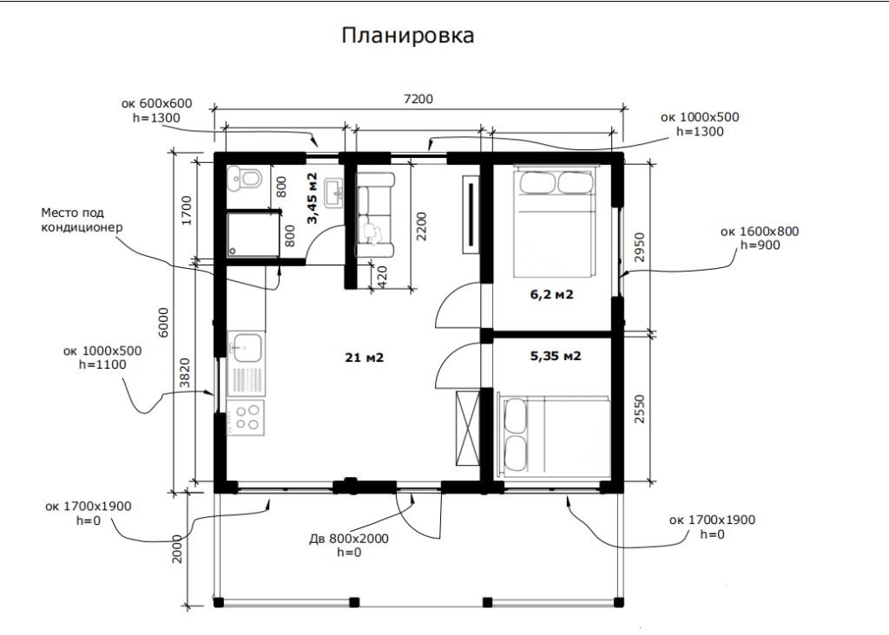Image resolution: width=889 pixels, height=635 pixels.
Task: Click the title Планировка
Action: [407, 36]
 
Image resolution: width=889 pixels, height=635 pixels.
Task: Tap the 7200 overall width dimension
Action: [418, 99]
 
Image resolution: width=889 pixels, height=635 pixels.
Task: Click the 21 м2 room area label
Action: [365, 357]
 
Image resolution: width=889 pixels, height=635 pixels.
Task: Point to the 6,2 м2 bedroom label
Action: [551, 295]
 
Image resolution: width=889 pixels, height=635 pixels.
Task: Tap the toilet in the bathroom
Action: [244, 180]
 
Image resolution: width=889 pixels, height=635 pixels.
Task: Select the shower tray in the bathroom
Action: [252, 235]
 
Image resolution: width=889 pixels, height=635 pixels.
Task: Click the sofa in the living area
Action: [374, 213]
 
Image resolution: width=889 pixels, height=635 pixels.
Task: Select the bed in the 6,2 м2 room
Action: [553, 221]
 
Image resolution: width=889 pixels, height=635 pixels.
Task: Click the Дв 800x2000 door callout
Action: [348, 545]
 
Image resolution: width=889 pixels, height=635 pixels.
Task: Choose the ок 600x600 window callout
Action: [156, 110]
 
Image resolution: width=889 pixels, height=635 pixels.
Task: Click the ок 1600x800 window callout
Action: [760, 238]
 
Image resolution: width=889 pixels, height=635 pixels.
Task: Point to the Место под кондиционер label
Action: [82, 219]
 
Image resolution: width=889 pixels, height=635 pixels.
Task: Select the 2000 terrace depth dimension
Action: [177, 547]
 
